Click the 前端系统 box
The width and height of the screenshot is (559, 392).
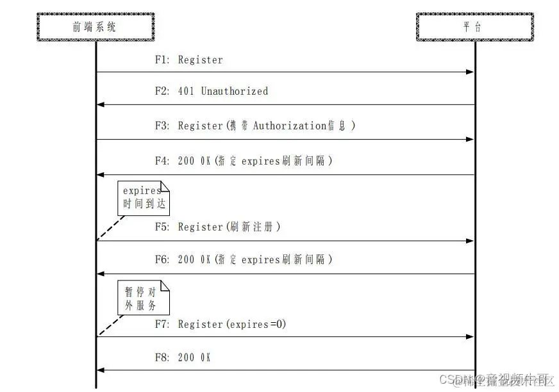click(96, 27)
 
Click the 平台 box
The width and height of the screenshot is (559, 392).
click(474, 27)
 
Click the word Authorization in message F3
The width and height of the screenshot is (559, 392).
click(290, 126)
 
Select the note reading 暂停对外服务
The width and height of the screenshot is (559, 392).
click(144, 298)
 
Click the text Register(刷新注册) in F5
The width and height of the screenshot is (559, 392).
click(229, 227)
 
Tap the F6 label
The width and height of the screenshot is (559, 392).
click(162, 260)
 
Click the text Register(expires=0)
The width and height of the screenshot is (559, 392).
click(231, 325)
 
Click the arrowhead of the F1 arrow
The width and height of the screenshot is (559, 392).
click(470, 72)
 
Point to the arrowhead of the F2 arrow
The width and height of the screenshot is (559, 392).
click(101, 104)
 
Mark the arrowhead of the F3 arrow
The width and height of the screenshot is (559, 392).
click(470, 139)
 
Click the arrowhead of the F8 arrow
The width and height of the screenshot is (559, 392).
click(101, 370)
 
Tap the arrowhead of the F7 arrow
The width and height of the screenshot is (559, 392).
click(470, 337)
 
